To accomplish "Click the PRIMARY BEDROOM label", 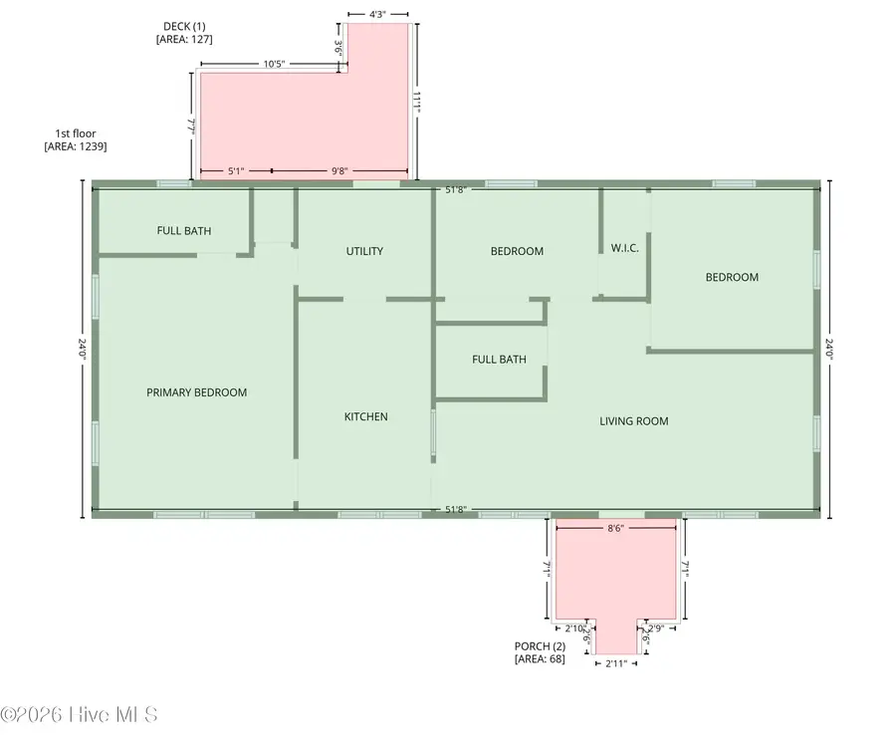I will tap(196, 392).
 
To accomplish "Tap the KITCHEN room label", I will tap(365, 416).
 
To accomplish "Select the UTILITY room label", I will tap(364, 251).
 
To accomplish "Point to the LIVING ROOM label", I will tap(633, 421).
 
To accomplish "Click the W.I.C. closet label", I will tap(624, 248).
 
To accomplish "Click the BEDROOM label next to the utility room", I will tap(517, 251).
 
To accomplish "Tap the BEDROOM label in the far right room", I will tap(732, 277).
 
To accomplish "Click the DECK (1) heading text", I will tap(184, 26).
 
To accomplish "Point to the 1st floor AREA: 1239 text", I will tap(76, 146).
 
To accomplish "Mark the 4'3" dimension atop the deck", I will tap(378, 15).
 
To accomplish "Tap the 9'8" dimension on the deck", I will tap(339, 170).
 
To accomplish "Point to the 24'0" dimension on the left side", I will tap(83, 350).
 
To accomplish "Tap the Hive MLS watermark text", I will tap(80, 714).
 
